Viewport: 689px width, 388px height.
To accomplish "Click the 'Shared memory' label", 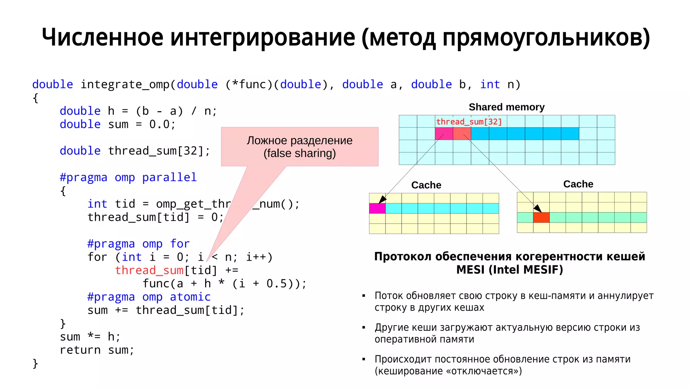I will pos(506,107).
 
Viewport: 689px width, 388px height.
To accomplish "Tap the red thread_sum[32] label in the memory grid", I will pos(469,122).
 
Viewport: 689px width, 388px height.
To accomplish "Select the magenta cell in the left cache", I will pos(377,208).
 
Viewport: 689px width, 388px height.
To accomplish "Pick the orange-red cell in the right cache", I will pos(541,218).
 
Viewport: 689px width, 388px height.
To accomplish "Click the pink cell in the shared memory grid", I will pos(444,134).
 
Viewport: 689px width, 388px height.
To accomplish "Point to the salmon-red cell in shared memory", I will pos(462,134).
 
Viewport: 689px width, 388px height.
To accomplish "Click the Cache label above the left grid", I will pos(426,185).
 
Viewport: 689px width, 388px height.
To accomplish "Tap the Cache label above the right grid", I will pos(578,184).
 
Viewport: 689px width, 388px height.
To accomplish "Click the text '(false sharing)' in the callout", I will pos(299,153).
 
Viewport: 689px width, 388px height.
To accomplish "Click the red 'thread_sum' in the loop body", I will pos(149,270).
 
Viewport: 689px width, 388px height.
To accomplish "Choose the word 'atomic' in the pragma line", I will pos(190,297).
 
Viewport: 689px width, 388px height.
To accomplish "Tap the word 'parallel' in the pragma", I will pos(169,177).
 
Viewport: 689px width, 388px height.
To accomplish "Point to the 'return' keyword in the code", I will pos(80,350).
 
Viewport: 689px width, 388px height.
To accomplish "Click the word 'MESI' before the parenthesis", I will pos(470,270).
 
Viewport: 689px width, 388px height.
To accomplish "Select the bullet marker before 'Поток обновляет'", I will pos(364,296).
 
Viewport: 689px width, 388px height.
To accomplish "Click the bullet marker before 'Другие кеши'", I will pos(364,327).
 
